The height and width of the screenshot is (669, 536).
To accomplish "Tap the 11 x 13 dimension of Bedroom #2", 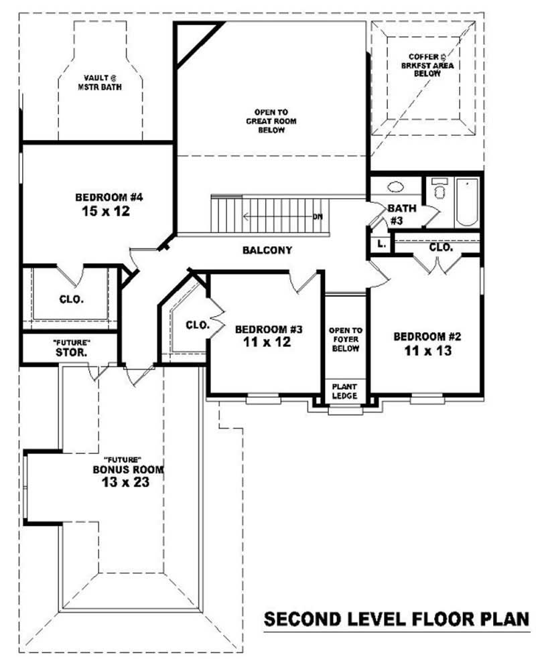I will point(427,350).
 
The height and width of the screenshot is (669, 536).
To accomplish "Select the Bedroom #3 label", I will point(269,329).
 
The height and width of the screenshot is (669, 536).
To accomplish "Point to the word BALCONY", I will point(267,250).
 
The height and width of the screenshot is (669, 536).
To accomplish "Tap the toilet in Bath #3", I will point(440,191).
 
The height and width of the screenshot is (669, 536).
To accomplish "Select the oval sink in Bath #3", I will point(395,188).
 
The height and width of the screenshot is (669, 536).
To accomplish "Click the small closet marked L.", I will point(381,244).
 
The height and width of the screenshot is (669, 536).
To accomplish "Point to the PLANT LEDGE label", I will point(345,392).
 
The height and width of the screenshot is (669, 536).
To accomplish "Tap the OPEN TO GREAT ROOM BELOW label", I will point(271,121).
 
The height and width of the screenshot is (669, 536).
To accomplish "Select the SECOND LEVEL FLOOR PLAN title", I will point(397,619).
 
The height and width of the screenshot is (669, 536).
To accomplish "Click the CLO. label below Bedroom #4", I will point(71,299).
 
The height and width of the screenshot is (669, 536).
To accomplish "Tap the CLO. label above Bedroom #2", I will point(441,247).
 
